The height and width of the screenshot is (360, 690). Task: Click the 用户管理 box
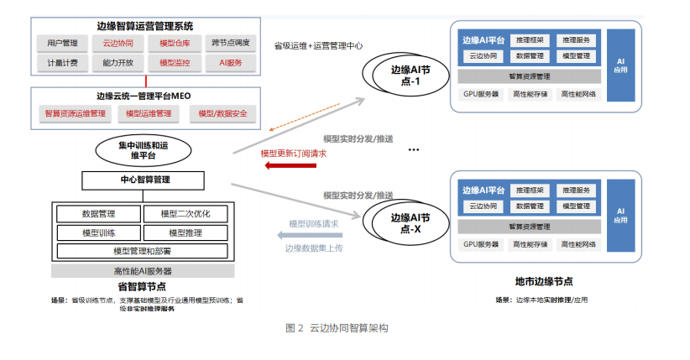(63, 43)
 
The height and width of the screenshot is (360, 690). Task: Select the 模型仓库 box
(175, 43)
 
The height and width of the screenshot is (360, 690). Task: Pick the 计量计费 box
(63, 62)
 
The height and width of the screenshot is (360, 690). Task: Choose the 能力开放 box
(118, 62)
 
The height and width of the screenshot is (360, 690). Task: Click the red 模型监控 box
(175, 62)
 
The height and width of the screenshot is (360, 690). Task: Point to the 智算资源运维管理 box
(76, 113)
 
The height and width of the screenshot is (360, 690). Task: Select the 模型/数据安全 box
(222, 113)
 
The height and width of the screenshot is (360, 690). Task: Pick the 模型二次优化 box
(186, 213)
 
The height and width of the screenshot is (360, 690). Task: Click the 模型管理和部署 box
(142, 250)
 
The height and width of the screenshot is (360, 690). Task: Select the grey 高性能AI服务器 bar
(142, 271)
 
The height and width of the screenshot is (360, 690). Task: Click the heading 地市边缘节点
(544, 281)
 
